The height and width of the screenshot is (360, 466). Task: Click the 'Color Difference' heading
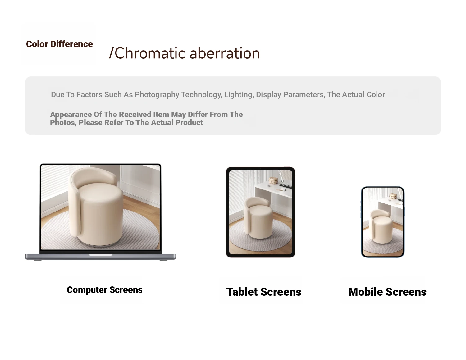(x=59, y=44)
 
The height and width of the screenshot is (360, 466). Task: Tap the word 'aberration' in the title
(x=225, y=53)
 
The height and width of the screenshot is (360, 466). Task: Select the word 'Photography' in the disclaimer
(x=157, y=94)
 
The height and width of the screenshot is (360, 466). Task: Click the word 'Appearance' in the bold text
(x=71, y=115)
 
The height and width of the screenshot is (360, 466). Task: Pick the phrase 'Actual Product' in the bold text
(x=177, y=123)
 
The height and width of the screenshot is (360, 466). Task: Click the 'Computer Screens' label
(x=105, y=290)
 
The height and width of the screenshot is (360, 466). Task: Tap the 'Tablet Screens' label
(x=264, y=292)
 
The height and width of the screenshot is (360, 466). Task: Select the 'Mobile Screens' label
(x=387, y=292)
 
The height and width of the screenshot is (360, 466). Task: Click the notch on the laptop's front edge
(x=101, y=255)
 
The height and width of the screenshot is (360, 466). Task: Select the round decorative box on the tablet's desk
(x=273, y=180)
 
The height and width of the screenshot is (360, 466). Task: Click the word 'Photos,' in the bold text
(x=63, y=123)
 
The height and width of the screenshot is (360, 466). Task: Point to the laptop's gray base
(x=101, y=257)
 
